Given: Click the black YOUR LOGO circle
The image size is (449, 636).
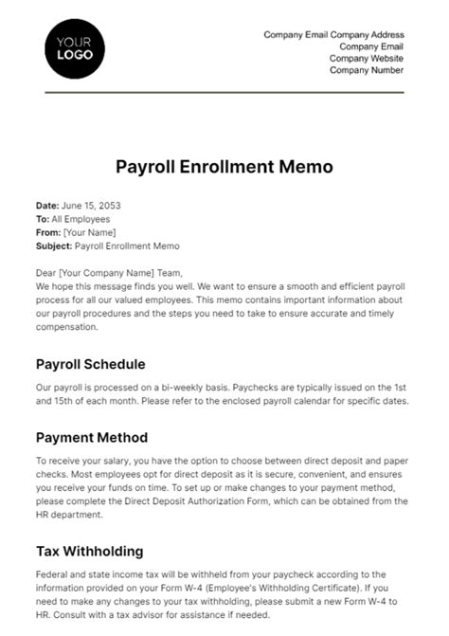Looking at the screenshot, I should [x=76, y=47].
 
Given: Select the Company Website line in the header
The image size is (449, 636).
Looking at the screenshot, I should [x=366, y=58].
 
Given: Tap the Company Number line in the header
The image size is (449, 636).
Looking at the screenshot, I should [x=367, y=70].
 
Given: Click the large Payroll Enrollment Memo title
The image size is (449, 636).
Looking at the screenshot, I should [x=224, y=167].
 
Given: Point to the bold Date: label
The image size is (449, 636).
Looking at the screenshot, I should [x=46, y=206].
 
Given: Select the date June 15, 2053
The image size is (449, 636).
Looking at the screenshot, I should [x=91, y=206].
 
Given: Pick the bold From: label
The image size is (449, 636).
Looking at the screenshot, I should [x=47, y=232].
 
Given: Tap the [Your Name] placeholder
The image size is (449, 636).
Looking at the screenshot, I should [x=88, y=232].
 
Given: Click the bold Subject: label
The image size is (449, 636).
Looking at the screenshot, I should [x=52, y=245].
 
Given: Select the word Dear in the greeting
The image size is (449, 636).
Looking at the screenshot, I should [x=45, y=272].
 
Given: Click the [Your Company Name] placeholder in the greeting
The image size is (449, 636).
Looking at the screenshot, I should [x=104, y=272].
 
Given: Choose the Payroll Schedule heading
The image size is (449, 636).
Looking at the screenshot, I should [x=90, y=363].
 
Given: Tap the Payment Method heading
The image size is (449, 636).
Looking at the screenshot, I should [x=91, y=437].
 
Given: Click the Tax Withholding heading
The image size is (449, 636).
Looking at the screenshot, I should [x=89, y=550].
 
